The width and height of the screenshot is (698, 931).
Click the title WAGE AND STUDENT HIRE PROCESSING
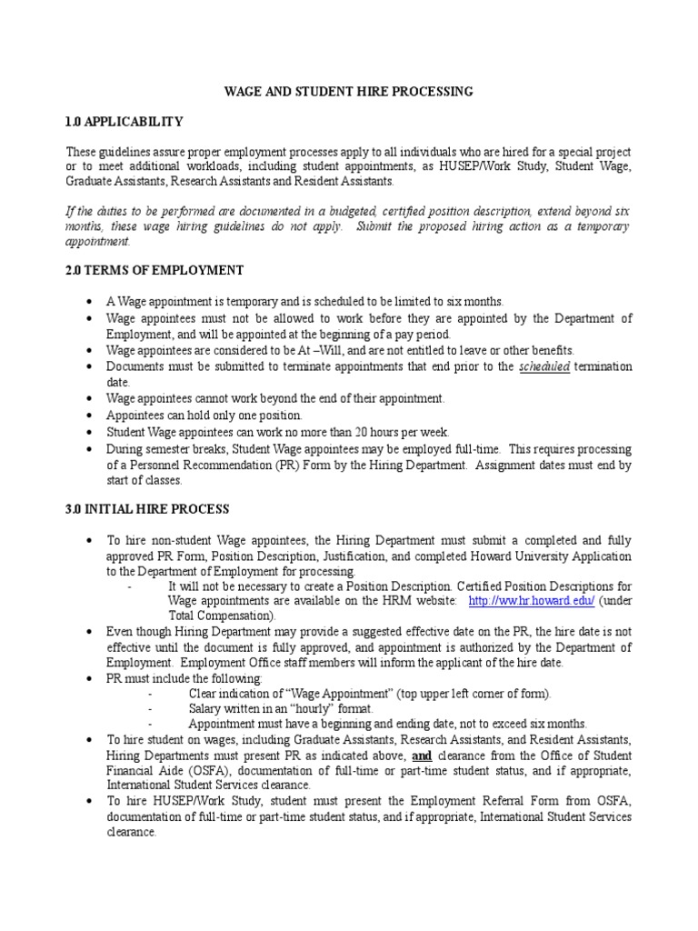point(349,92)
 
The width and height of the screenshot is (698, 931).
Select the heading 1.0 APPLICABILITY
point(125,122)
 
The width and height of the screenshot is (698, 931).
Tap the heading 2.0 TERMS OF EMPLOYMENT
point(155,270)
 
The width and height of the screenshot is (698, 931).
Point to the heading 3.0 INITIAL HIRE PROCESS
point(147,509)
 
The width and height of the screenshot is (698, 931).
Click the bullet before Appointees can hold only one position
point(87,415)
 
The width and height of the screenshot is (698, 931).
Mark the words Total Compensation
point(223,616)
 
